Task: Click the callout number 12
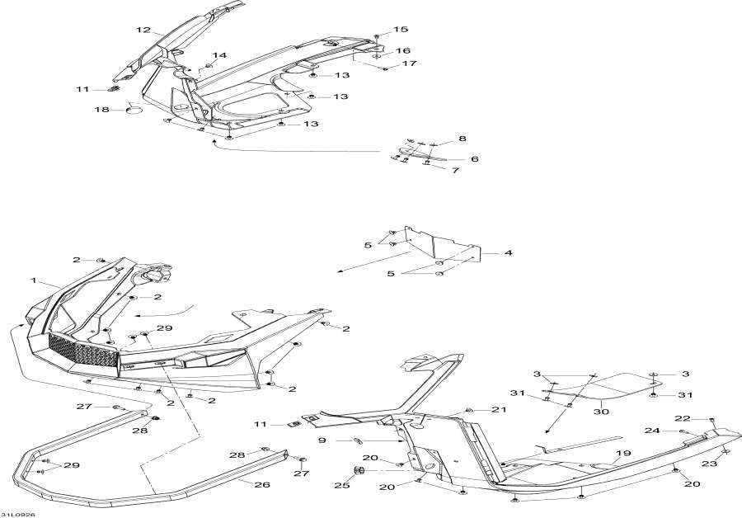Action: [143, 30]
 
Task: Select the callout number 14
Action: [219, 55]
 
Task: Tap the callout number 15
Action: [401, 30]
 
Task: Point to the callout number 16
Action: [402, 50]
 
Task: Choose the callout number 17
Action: [409, 63]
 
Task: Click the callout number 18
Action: [101, 110]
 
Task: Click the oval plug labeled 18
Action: [134, 111]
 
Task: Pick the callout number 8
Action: [463, 139]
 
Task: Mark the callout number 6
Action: [474, 159]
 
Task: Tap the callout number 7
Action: [455, 170]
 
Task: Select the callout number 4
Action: [508, 253]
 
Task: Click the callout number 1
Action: [34, 280]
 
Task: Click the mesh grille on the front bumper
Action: [83, 350]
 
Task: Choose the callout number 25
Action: [342, 485]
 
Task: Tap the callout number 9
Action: [322, 440]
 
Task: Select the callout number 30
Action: [603, 412]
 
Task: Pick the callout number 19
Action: [624, 453]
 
